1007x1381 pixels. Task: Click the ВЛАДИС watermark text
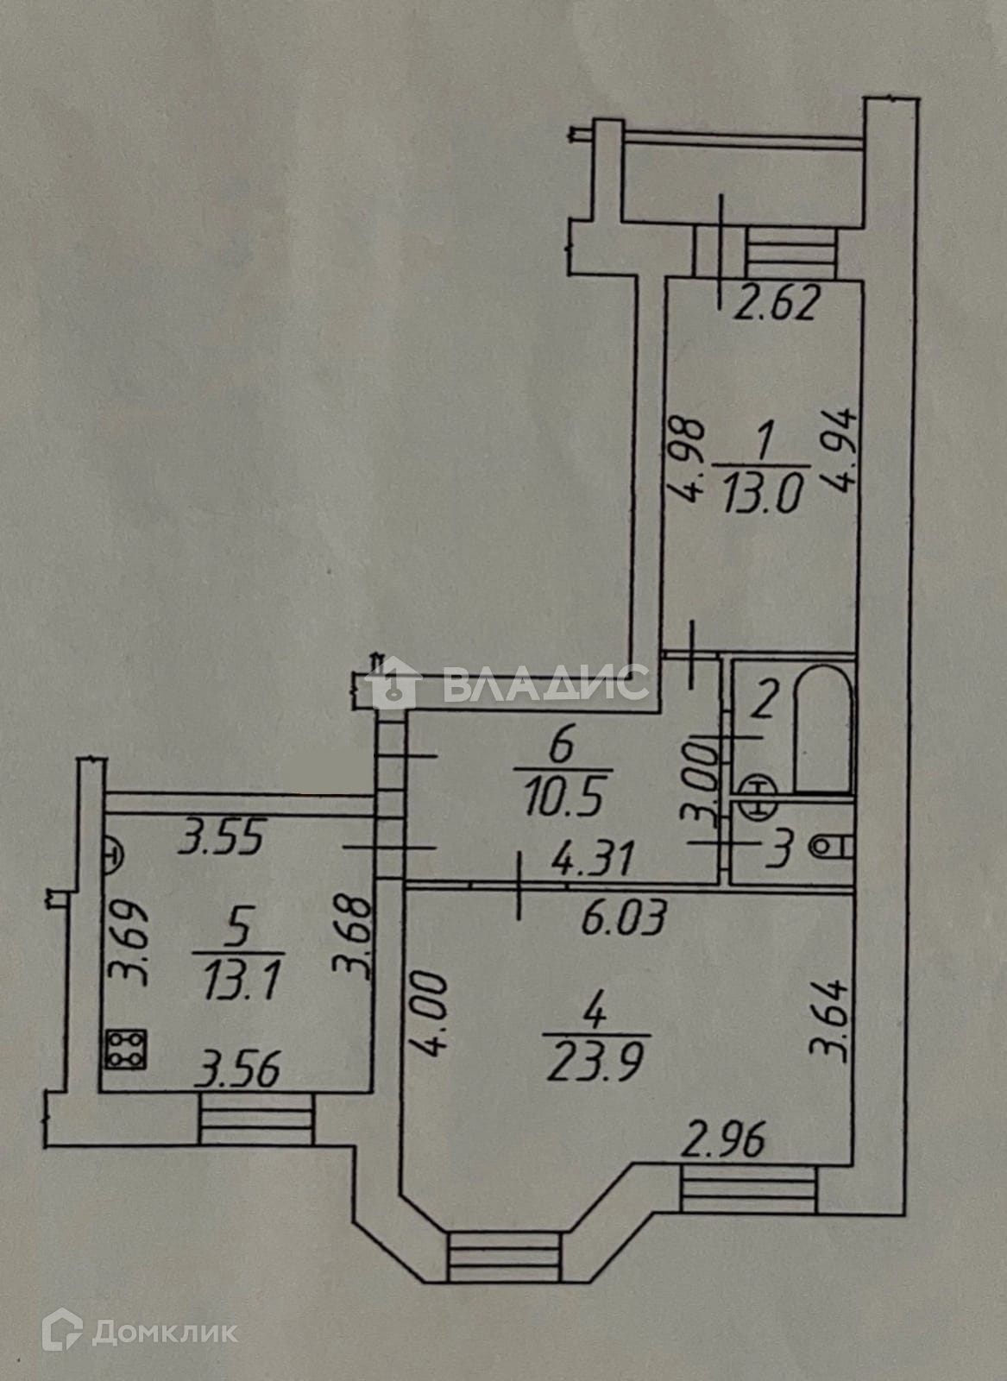pos(545,686)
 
